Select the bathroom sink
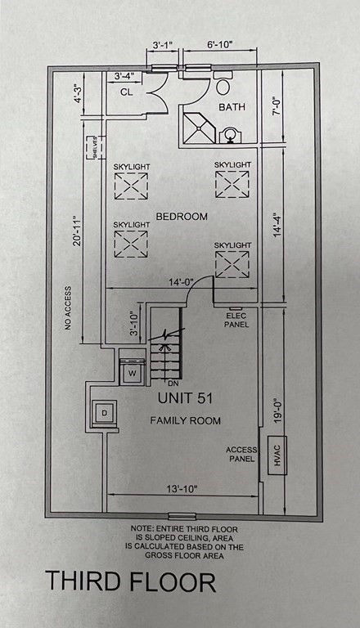(x=230, y=135)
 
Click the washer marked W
(x=132, y=373)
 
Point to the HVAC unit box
(x=277, y=455)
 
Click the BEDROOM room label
(x=182, y=217)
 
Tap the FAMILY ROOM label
(x=185, y=420)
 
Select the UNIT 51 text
(x=185, y=398)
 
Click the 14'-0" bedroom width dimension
(x=180, y=283)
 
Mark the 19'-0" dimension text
(x=278, y=410)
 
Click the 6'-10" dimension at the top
(x=220, y=44)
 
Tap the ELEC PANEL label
(x=236, y=320)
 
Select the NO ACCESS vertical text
(x=68, y=308)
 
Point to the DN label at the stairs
(x=173, y=384)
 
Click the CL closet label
(x=127, y=92)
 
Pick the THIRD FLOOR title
(x=131, y=582)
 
